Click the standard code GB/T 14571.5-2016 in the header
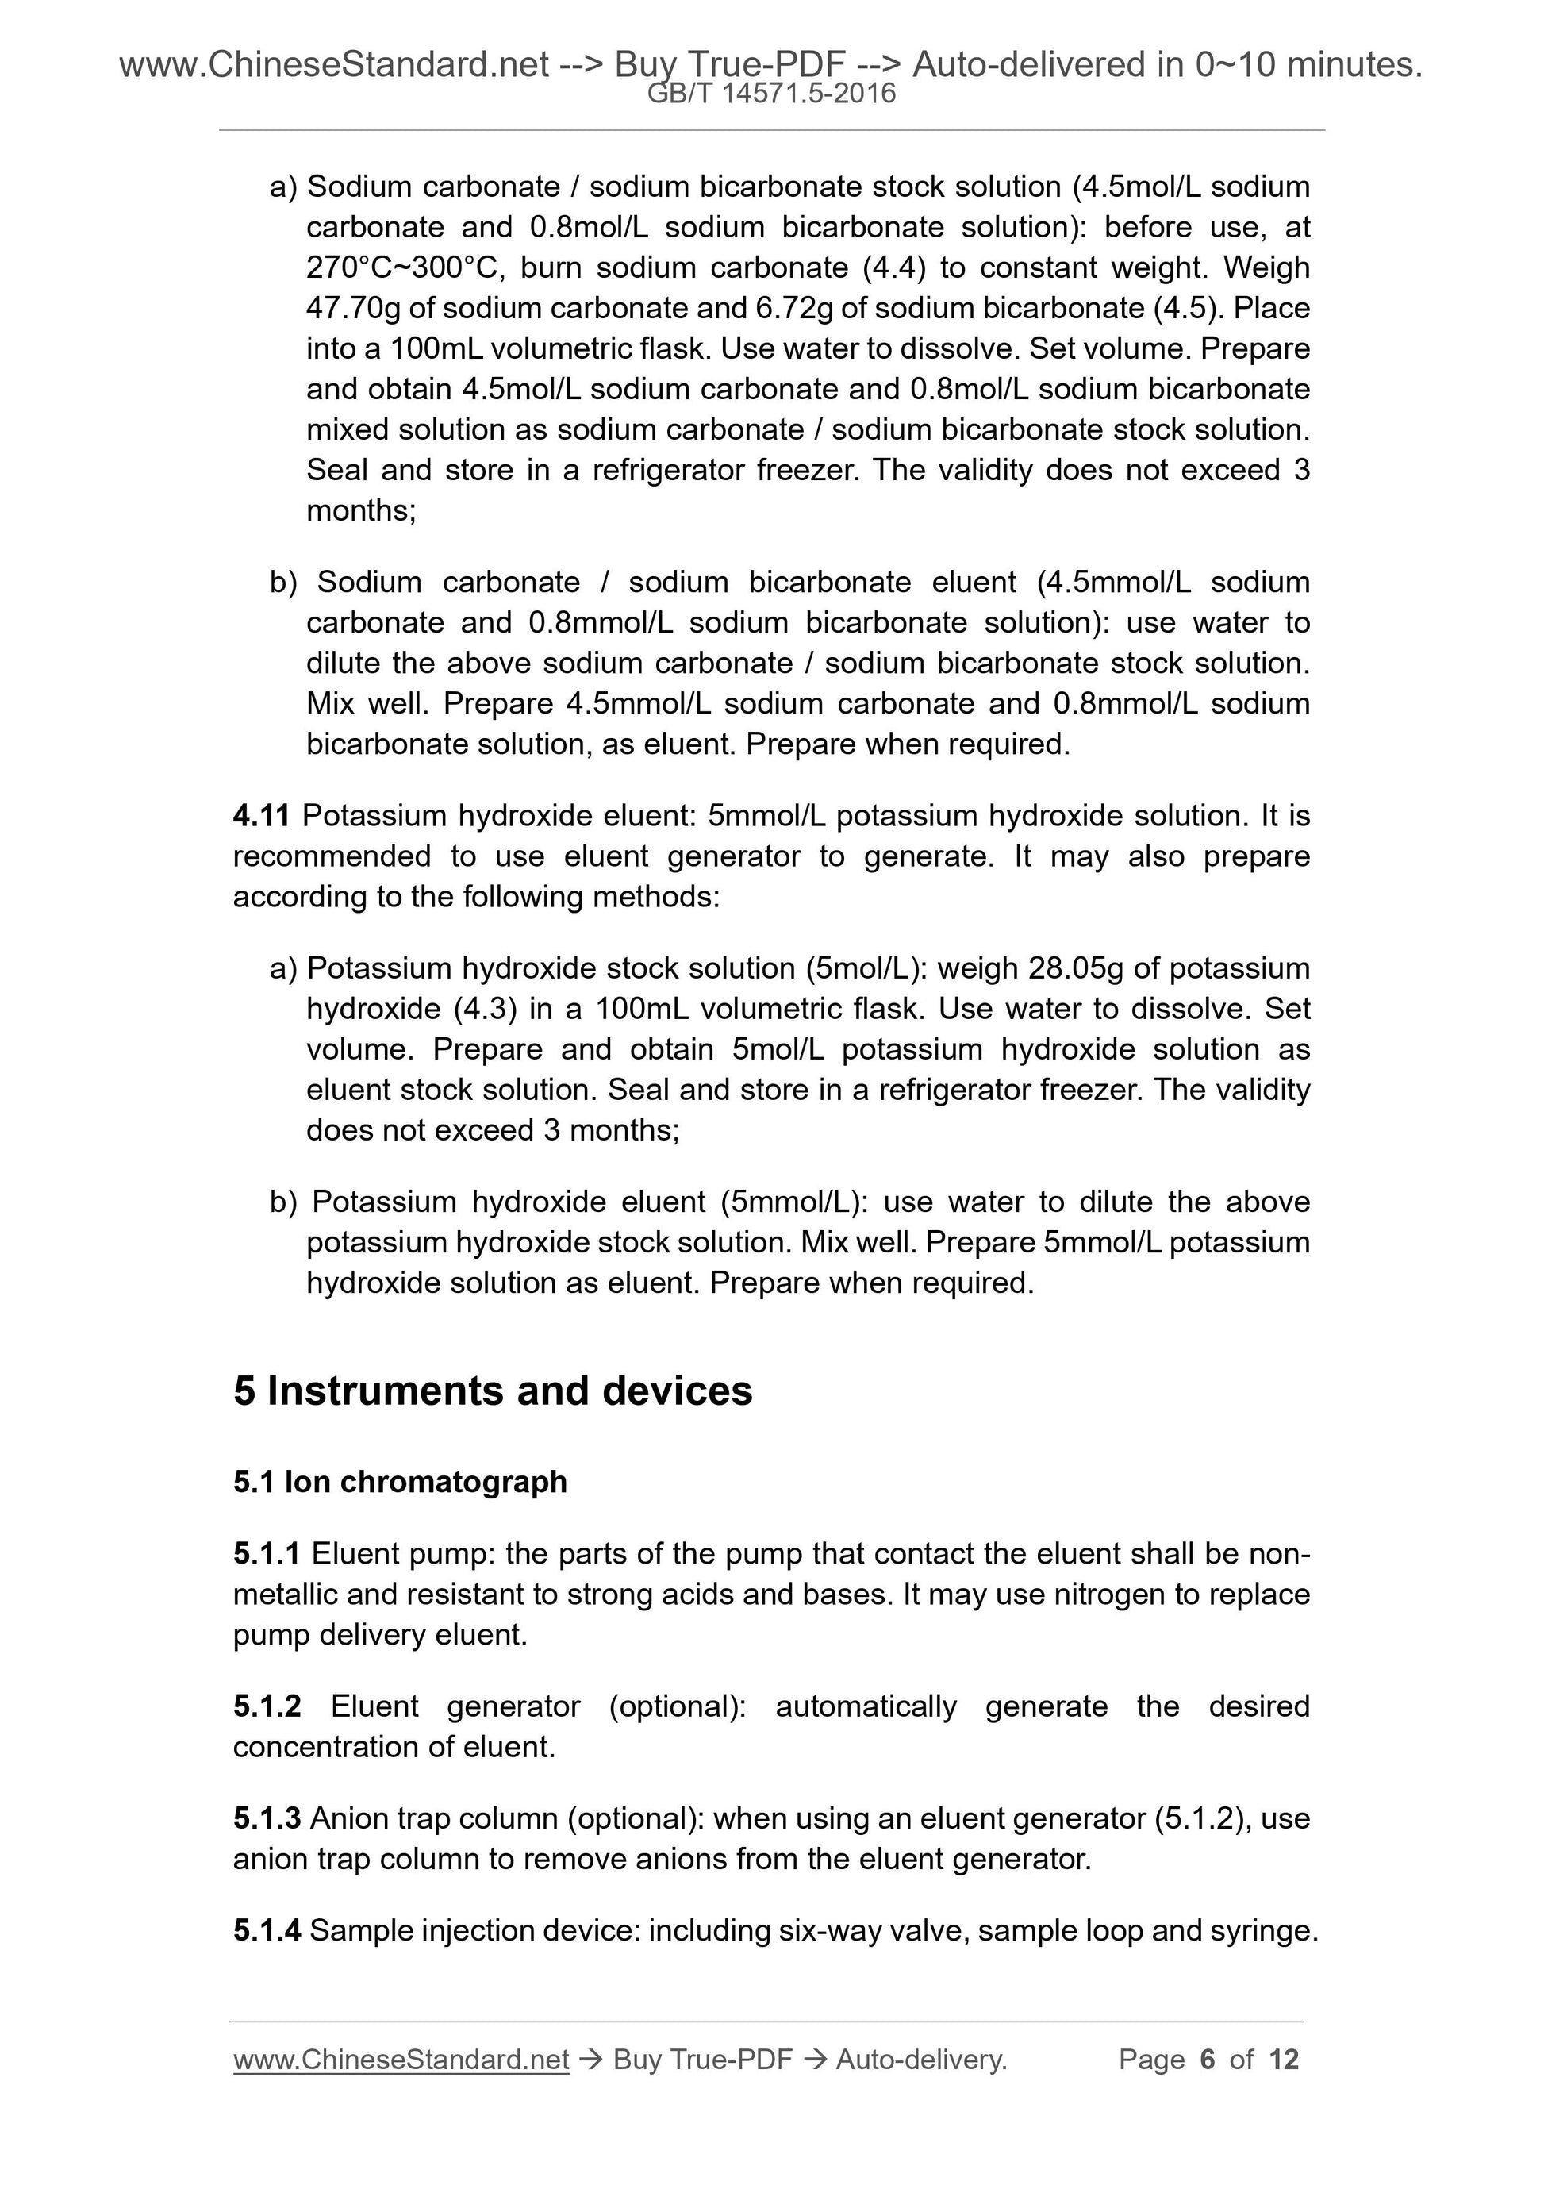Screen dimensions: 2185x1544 pyautogui.click(x=770, y=94)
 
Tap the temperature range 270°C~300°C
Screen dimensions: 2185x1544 pyautogui.click(x=400, y=267)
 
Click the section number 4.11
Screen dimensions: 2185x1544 pyautogui.click(x=262, y=816)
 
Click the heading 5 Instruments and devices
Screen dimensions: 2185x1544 pyautogui.click(x=493, y=1391)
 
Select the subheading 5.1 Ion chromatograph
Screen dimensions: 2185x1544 pyautogui.click(x=400, y=1482)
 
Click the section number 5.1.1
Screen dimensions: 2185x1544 pyautogui.click(x=267, y=1554)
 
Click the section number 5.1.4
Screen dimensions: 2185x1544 pyautogui.click(x=267, y=1931)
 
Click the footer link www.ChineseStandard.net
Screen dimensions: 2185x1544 pyautogui.click(x=401, y=2060)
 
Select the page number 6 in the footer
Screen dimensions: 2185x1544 pyautogui.click(x=1208, y=2060)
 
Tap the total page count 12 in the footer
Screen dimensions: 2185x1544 pyautogui.click(x=1283, y=2060)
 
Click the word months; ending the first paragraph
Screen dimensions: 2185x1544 pyautogui.click(x=360, y=511)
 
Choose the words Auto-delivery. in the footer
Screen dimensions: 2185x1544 pyautogui.click(x=921, y=2060)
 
